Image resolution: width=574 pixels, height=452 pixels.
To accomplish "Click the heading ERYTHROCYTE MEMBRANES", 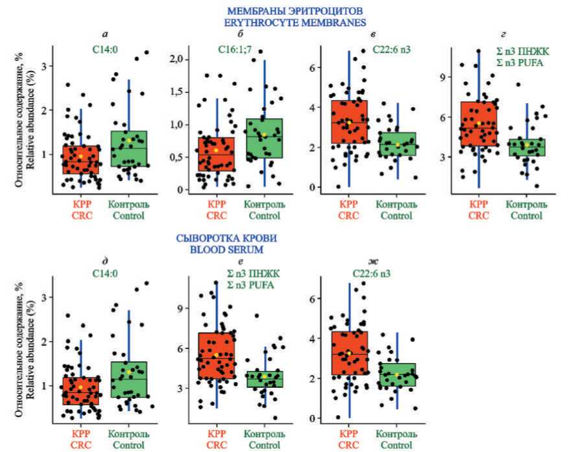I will (x=287, y=23).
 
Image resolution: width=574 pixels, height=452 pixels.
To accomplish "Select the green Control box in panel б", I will (x=265, y=138).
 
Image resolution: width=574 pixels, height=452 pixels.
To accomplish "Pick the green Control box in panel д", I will (x=129, y=379).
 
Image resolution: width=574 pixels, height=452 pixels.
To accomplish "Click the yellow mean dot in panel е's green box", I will (x=263, y=375).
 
